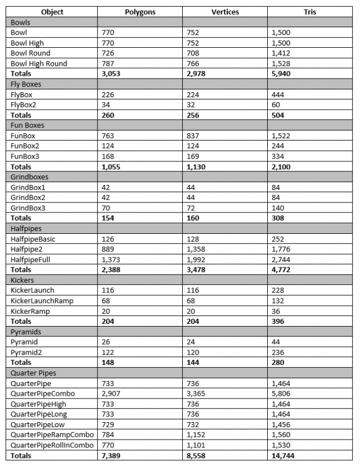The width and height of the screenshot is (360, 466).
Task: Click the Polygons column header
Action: click(139, 12)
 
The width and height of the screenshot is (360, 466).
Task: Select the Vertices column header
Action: click(226, 12)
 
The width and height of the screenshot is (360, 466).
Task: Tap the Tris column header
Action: click(310, 12)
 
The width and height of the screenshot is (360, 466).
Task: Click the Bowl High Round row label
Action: click(39, 64)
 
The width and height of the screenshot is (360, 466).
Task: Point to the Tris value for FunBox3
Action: click(277, 157)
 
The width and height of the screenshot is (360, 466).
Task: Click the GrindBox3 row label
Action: click(28, 207)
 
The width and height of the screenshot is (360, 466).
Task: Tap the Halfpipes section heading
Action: click(26, 228)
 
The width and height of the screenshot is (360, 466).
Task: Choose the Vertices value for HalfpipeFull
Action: click(195, 259)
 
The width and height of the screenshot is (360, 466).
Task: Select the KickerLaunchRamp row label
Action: click(42, 301)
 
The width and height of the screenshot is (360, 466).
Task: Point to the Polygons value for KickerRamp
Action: click(106, 311)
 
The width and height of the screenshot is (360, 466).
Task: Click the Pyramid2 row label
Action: click(26, 352)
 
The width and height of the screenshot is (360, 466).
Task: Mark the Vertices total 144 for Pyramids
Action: click(192, 363)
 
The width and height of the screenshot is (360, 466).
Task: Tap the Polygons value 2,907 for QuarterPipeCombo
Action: click(111, 393)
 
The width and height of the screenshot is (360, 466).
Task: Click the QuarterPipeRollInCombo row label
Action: click(52, 445)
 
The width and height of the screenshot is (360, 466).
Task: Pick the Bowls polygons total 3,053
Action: click(111, 74)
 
